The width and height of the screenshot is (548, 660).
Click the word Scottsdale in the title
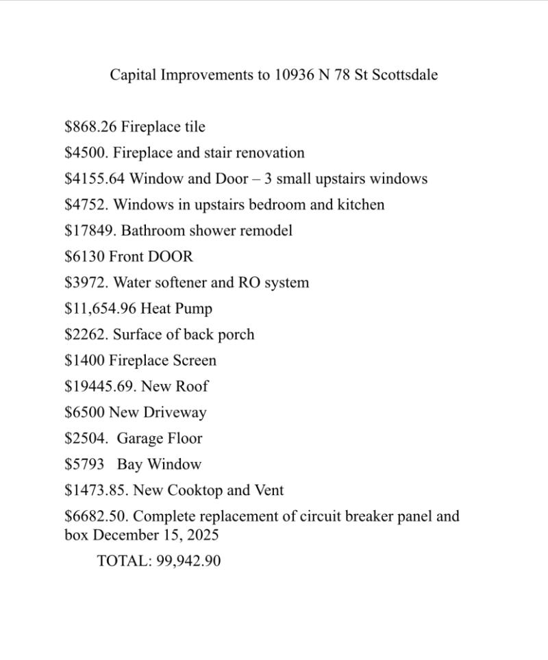coord(405,75)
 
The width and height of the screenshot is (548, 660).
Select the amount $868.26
coord(90,127)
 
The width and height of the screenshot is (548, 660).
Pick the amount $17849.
coord(90,231)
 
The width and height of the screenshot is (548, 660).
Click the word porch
coord(236,335)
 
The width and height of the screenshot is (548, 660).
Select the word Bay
coord(129,464)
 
